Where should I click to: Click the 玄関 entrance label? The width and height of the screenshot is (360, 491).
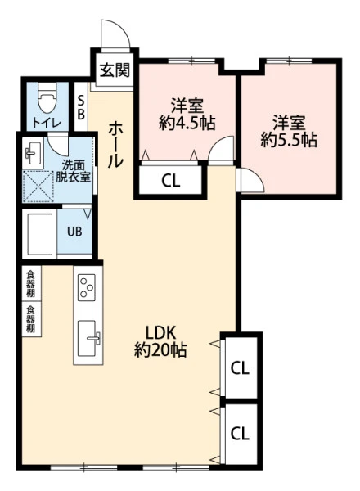tap(115, 70)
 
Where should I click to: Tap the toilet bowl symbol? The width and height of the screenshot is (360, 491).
tap(47, 98)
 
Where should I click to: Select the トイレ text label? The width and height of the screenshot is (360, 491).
tap(47, 123)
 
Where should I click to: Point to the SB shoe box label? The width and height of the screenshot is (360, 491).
tap(81, 107)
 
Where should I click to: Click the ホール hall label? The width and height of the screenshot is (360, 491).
tap(115, 145)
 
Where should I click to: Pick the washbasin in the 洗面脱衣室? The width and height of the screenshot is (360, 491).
tap(33, 154)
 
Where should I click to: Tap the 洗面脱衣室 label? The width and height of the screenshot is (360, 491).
tap(73, 171)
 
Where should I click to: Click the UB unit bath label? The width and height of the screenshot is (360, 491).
tap(74, 232)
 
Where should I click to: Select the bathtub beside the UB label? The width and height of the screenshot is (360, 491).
tap(39, 234)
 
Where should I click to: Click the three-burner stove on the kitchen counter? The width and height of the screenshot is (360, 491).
tap(86, 287)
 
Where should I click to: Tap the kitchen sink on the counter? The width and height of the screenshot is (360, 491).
tap(89, 338)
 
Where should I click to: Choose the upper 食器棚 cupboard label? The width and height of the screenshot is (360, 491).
tap(30, 284)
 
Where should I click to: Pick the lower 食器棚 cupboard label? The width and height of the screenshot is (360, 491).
tap(30, 319)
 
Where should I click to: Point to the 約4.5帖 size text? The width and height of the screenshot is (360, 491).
tap(187, 123)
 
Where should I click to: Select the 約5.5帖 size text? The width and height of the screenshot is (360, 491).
tap(289, 140)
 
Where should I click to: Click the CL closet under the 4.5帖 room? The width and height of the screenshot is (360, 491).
tap(171, 181)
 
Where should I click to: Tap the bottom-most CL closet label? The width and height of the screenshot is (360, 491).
tap(240, 434)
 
